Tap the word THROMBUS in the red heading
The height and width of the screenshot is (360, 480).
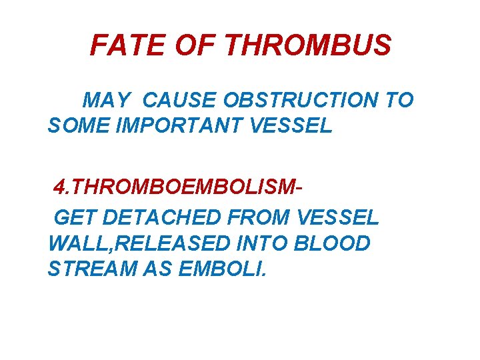308,46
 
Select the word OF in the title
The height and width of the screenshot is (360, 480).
196,46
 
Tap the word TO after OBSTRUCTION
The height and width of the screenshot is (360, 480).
399,101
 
